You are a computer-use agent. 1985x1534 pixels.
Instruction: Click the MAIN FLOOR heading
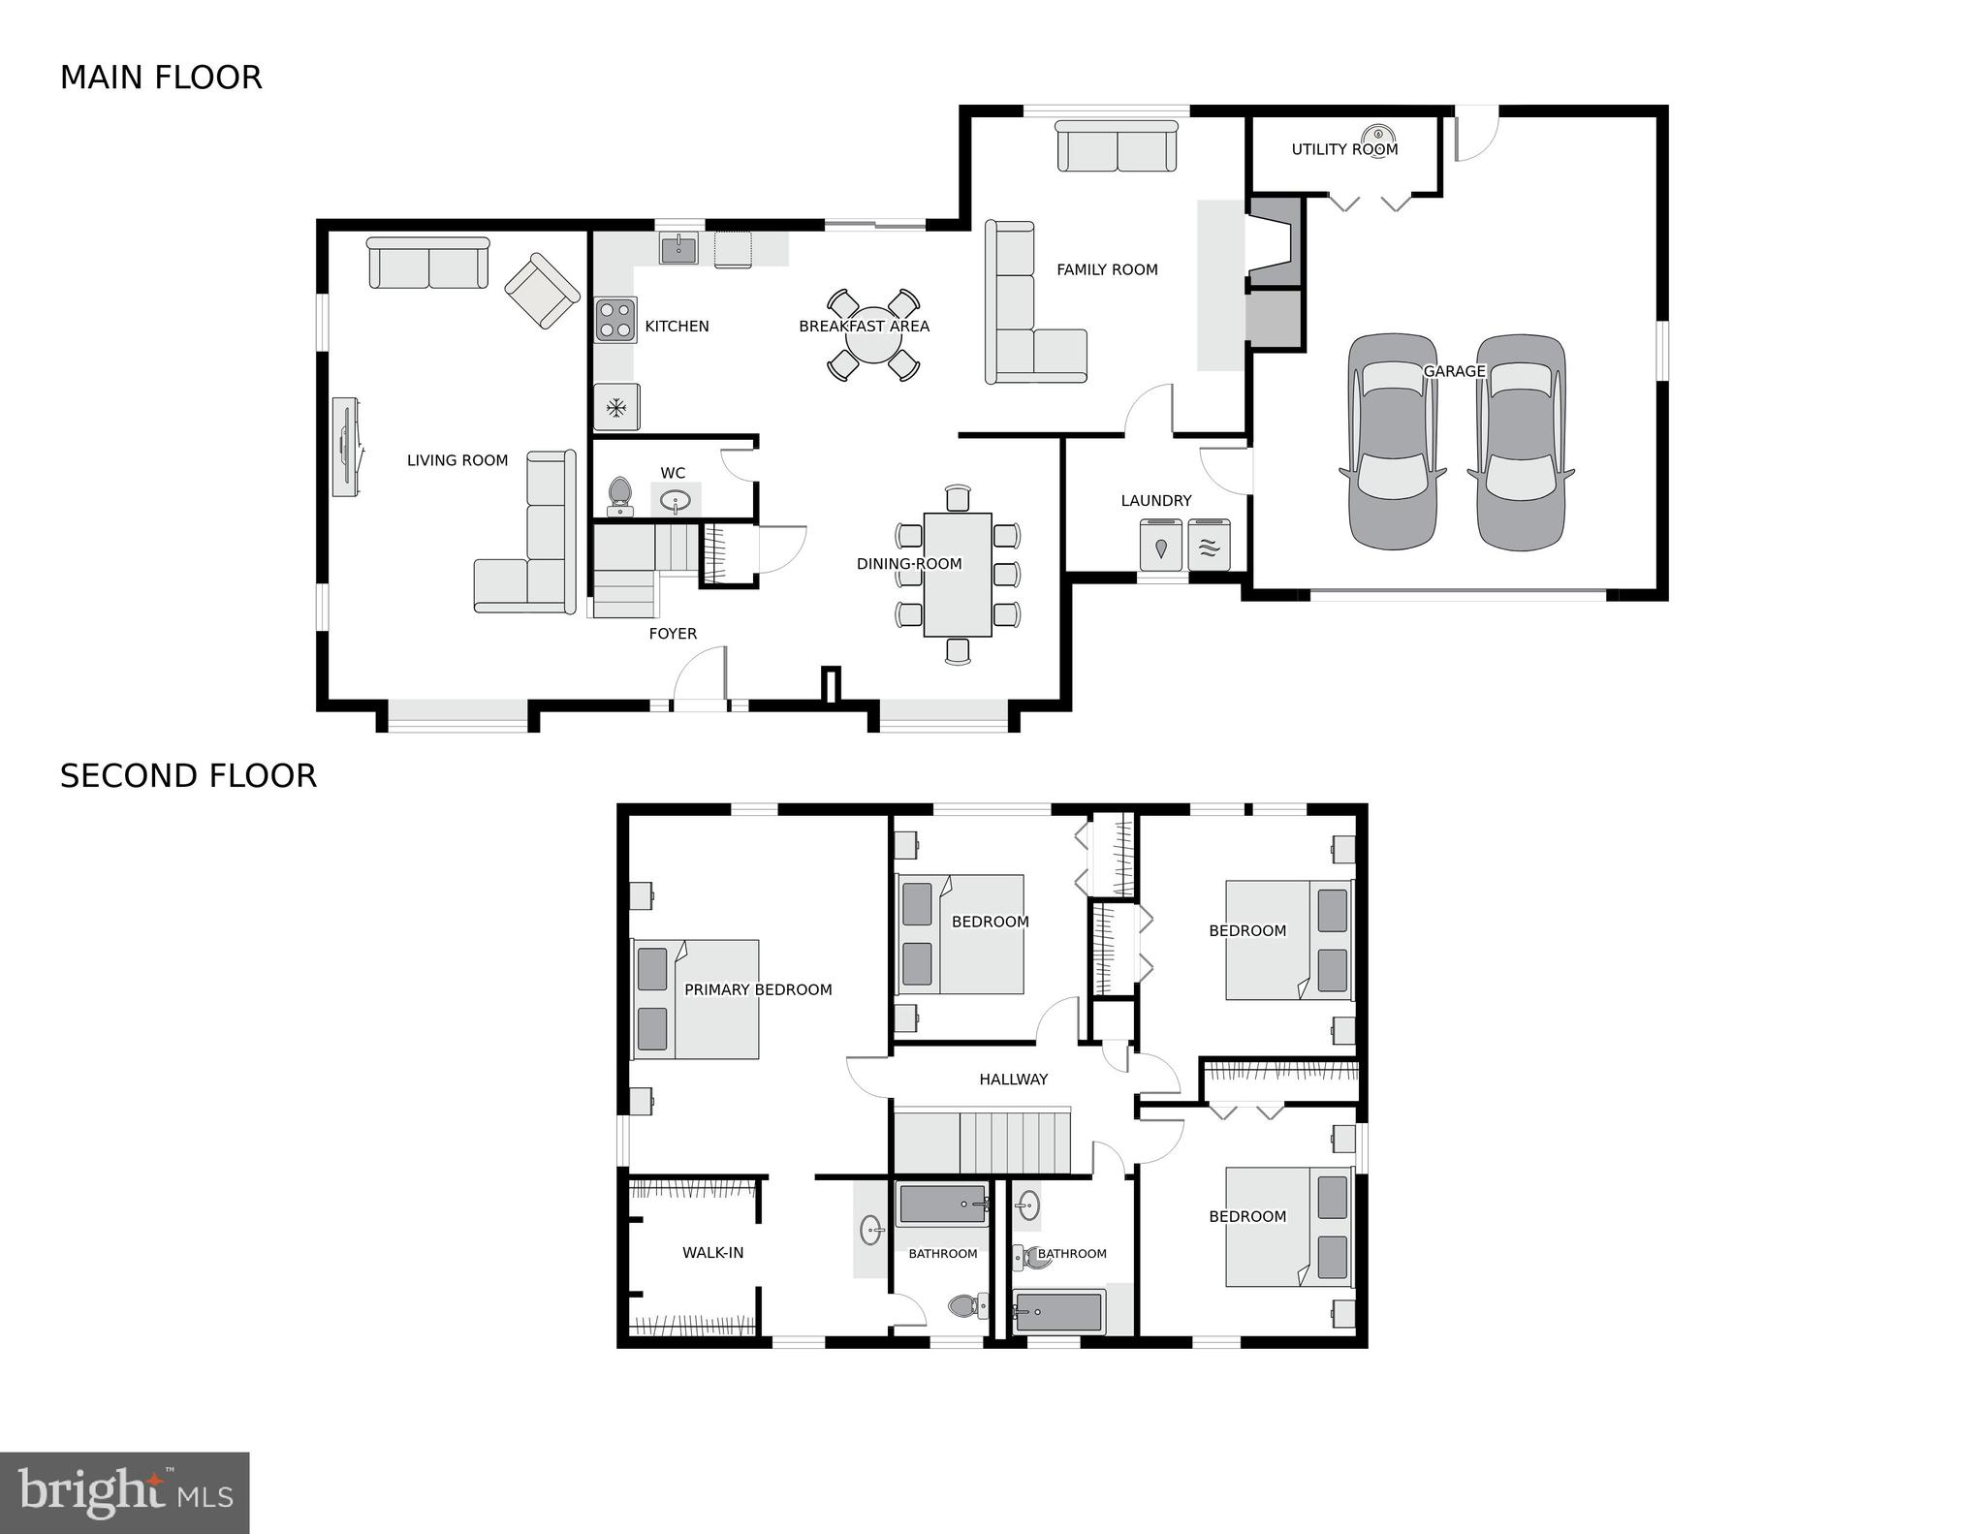tap(161, 78)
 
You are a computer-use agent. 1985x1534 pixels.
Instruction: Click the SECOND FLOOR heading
tap(188, 776)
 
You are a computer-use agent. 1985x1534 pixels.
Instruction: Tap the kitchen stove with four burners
tap(614, 320)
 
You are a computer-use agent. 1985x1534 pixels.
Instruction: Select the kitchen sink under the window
tap(679, 249)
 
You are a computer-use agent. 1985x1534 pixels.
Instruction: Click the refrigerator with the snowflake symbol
tap(616, 407)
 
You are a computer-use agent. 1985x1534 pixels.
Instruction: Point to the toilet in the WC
tap(619, 496)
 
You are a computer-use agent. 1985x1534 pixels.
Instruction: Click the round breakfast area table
tap(872, 334)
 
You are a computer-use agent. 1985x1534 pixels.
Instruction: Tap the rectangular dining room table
tap(958, 575)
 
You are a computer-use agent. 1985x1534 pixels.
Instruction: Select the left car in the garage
tap(1393, 441)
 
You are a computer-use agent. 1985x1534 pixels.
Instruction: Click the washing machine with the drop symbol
tap(1161, 547)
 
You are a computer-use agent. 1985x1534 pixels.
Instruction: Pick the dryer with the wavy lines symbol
tap(1209, 547)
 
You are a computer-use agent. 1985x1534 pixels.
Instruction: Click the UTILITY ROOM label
tap(1344, 149)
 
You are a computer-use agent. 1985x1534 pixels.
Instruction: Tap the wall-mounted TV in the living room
tap(346, 447)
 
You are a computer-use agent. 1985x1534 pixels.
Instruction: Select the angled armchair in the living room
tap(542, 290)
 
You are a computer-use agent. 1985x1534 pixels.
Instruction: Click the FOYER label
tap(673, 634)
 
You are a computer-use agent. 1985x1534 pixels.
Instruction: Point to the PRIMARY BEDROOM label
tap(758, 989)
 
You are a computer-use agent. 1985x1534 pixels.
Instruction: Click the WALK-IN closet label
tap(712, 1252)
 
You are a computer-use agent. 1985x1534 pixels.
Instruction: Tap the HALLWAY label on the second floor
tap(1013, 1079)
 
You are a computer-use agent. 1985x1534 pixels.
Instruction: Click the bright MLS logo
tap(125, 1492)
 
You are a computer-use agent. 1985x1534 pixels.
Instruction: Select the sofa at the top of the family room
tap(1117, 147)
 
